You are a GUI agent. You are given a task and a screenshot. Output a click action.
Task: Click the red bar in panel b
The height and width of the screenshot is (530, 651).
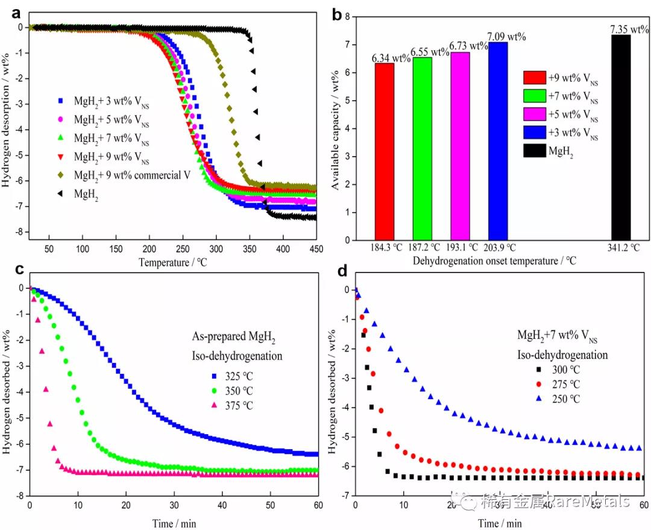(x=384, y=151)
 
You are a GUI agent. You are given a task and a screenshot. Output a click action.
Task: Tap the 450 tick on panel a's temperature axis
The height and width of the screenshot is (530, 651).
(x=316, y=249)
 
